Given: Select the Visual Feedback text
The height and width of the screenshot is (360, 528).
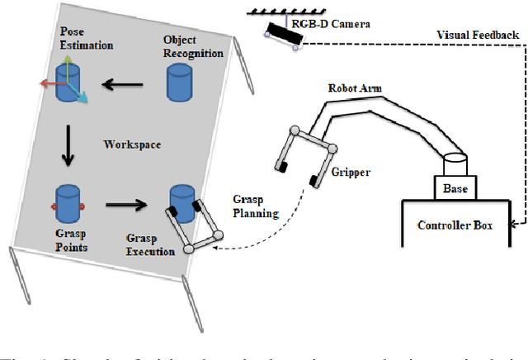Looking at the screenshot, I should [478, 36].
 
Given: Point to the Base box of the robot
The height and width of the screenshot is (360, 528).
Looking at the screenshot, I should [455, 188].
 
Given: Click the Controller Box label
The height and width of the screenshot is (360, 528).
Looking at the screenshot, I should [455, 225].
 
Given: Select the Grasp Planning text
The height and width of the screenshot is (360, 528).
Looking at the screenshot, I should [250, 206].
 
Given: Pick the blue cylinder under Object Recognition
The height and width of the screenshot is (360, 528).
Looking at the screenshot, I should [179, 82].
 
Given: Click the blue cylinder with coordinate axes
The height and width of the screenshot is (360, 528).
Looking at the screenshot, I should [68, 83].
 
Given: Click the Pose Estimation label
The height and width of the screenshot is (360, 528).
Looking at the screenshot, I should [86, 38].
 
